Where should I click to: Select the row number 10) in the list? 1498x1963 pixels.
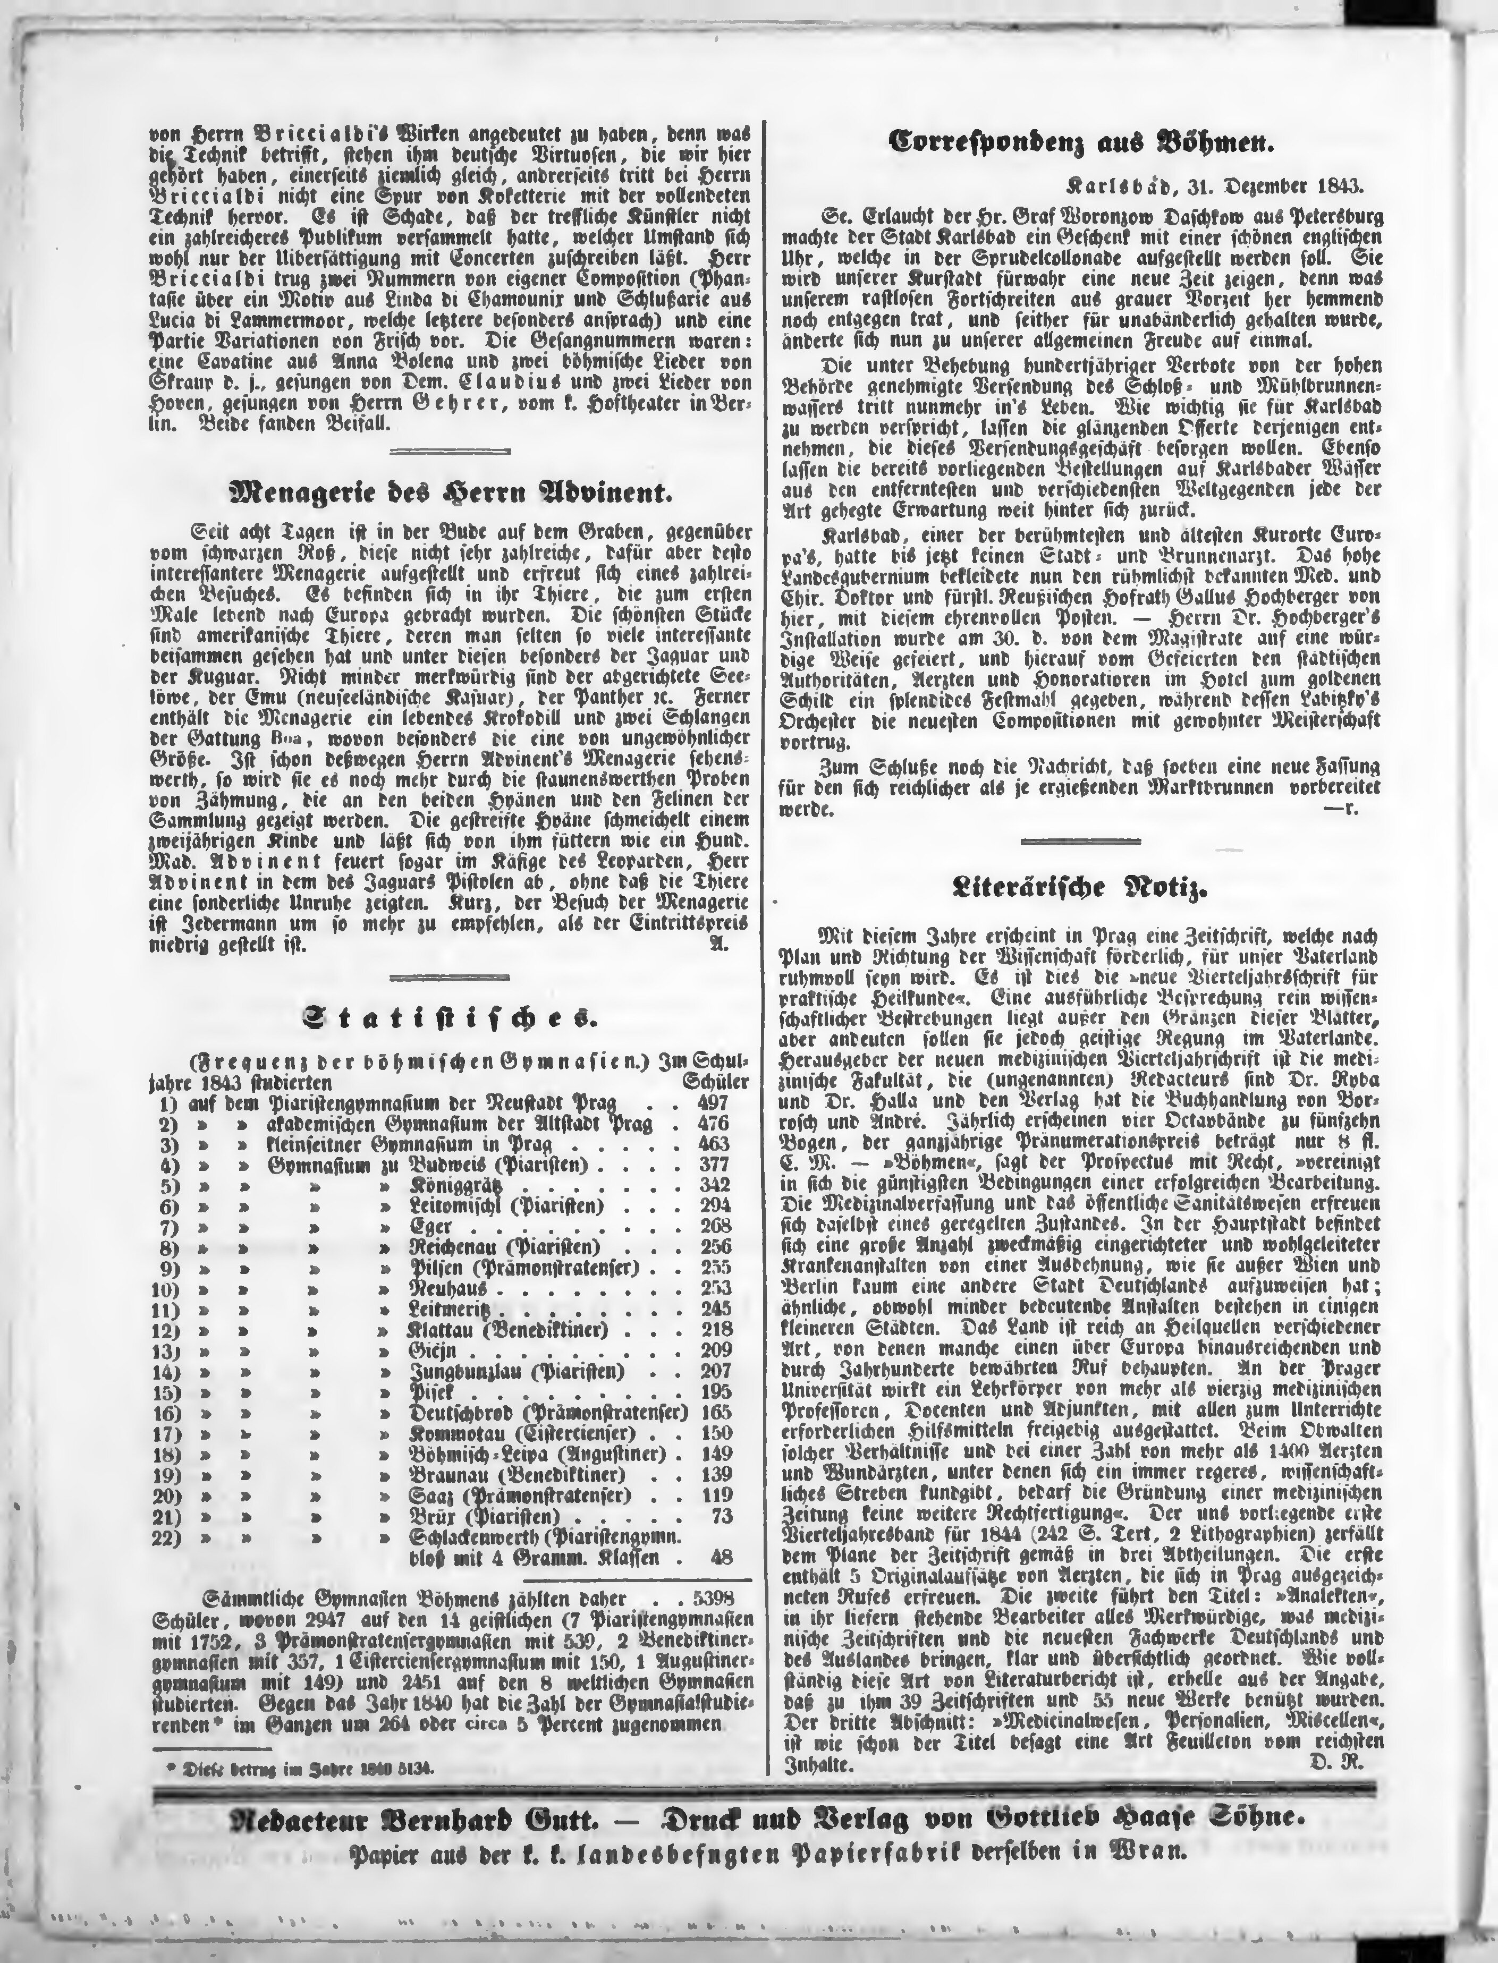164,1288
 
